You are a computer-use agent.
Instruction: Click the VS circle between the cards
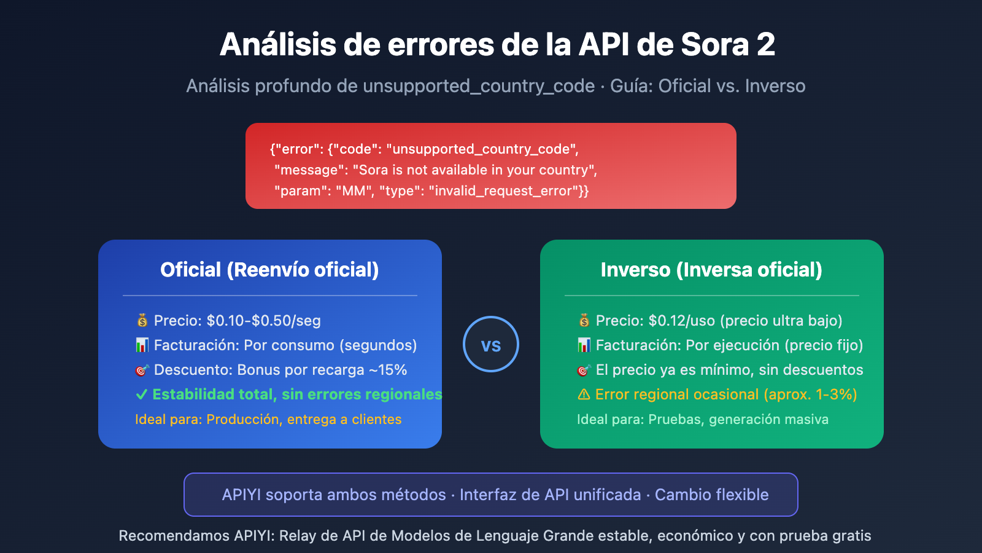pyautogui.click(x=491, y=344)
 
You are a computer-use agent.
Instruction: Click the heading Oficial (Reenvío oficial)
pyautogui.click(x=269, y=270)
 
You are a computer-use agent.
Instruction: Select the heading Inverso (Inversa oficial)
pyautogui.click(x=711, y=270)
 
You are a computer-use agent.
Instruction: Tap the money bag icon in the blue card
pyautogui.click(x=142, y=320)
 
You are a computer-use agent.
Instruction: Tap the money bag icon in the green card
pyautogui.click(x=584, y=320)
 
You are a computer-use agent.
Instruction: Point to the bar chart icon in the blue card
pyautogui.click(x=142, y=345)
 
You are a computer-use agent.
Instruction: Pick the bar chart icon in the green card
pyautogui.click(x=584, y=345)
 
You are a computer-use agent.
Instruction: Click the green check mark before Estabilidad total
pyautogui.click(x=142, y=394)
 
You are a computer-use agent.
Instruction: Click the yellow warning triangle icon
pyautogui.click(x=584, y=394)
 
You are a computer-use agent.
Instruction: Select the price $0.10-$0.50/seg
pyautogui.click(x=264, y=321)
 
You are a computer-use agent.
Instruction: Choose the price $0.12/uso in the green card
pyautogui.click(x=681, y=321)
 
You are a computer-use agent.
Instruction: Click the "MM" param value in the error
pyautogui.click(x=354, y=191)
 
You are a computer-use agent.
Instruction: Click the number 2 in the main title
pyautogui.click(x=765, y=45)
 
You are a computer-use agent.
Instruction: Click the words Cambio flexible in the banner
pyautogui.click(x=711, y=495)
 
